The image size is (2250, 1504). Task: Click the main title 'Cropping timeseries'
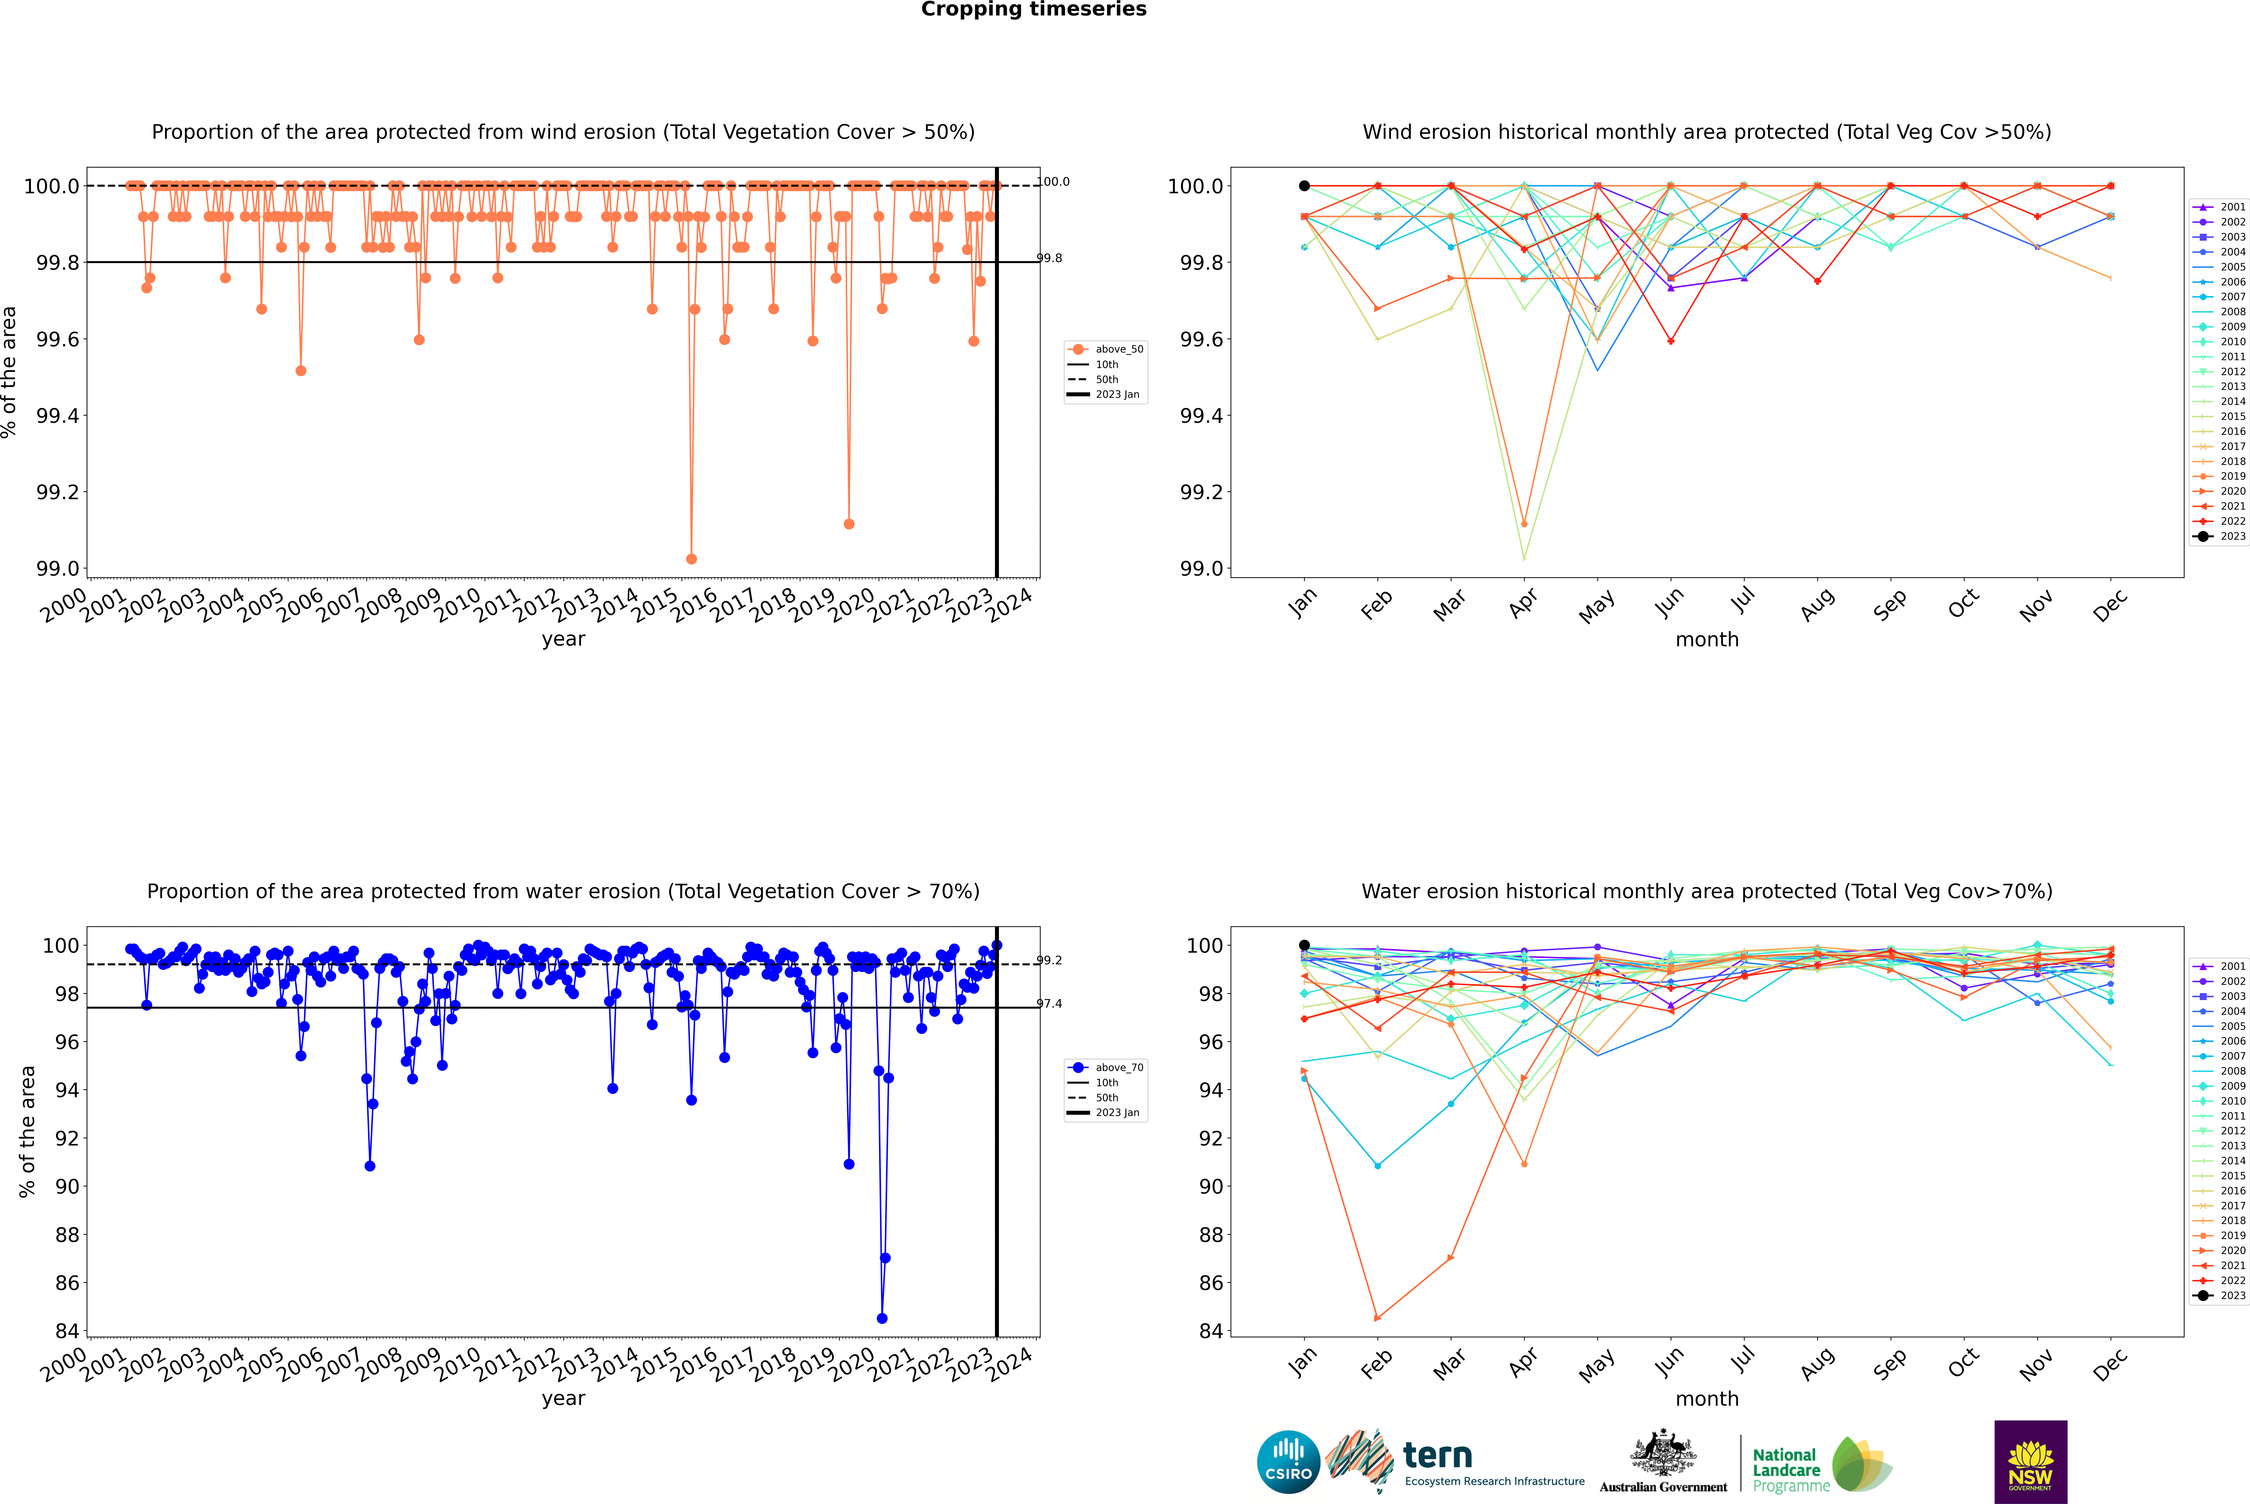point(1033,10)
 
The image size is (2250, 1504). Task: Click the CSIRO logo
point(1288,1462)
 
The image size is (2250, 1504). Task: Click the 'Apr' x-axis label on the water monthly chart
point(1524,1362)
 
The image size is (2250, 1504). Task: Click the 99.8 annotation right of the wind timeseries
point(1049,258)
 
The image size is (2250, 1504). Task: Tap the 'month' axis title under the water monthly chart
point(1707,1399)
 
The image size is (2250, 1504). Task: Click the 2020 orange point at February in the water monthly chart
point(1377,1318)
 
